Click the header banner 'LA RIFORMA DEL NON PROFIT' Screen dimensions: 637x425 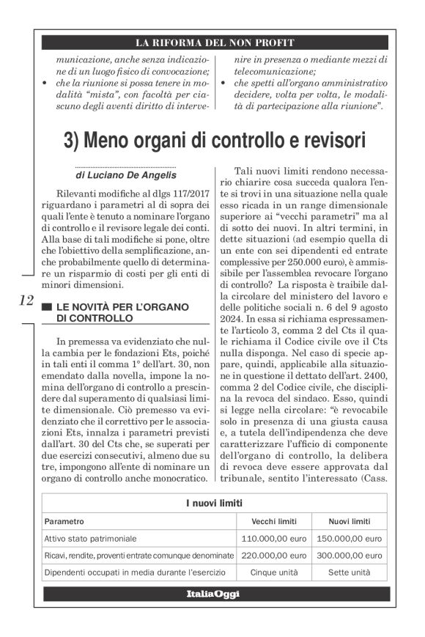point(212,42)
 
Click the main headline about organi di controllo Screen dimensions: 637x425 point(213,139)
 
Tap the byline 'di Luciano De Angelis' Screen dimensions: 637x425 point(121,176)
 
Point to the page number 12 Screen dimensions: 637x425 point(24,301)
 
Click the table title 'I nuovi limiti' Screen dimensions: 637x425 point(213,503)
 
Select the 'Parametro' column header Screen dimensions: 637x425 point(64,521)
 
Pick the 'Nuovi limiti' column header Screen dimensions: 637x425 point(349,521)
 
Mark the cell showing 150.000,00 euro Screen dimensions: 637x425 point(349,539)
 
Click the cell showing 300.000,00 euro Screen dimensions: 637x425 point(349,556)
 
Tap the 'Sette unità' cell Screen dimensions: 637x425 point(349,572)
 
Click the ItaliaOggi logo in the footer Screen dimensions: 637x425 point(212,594)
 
